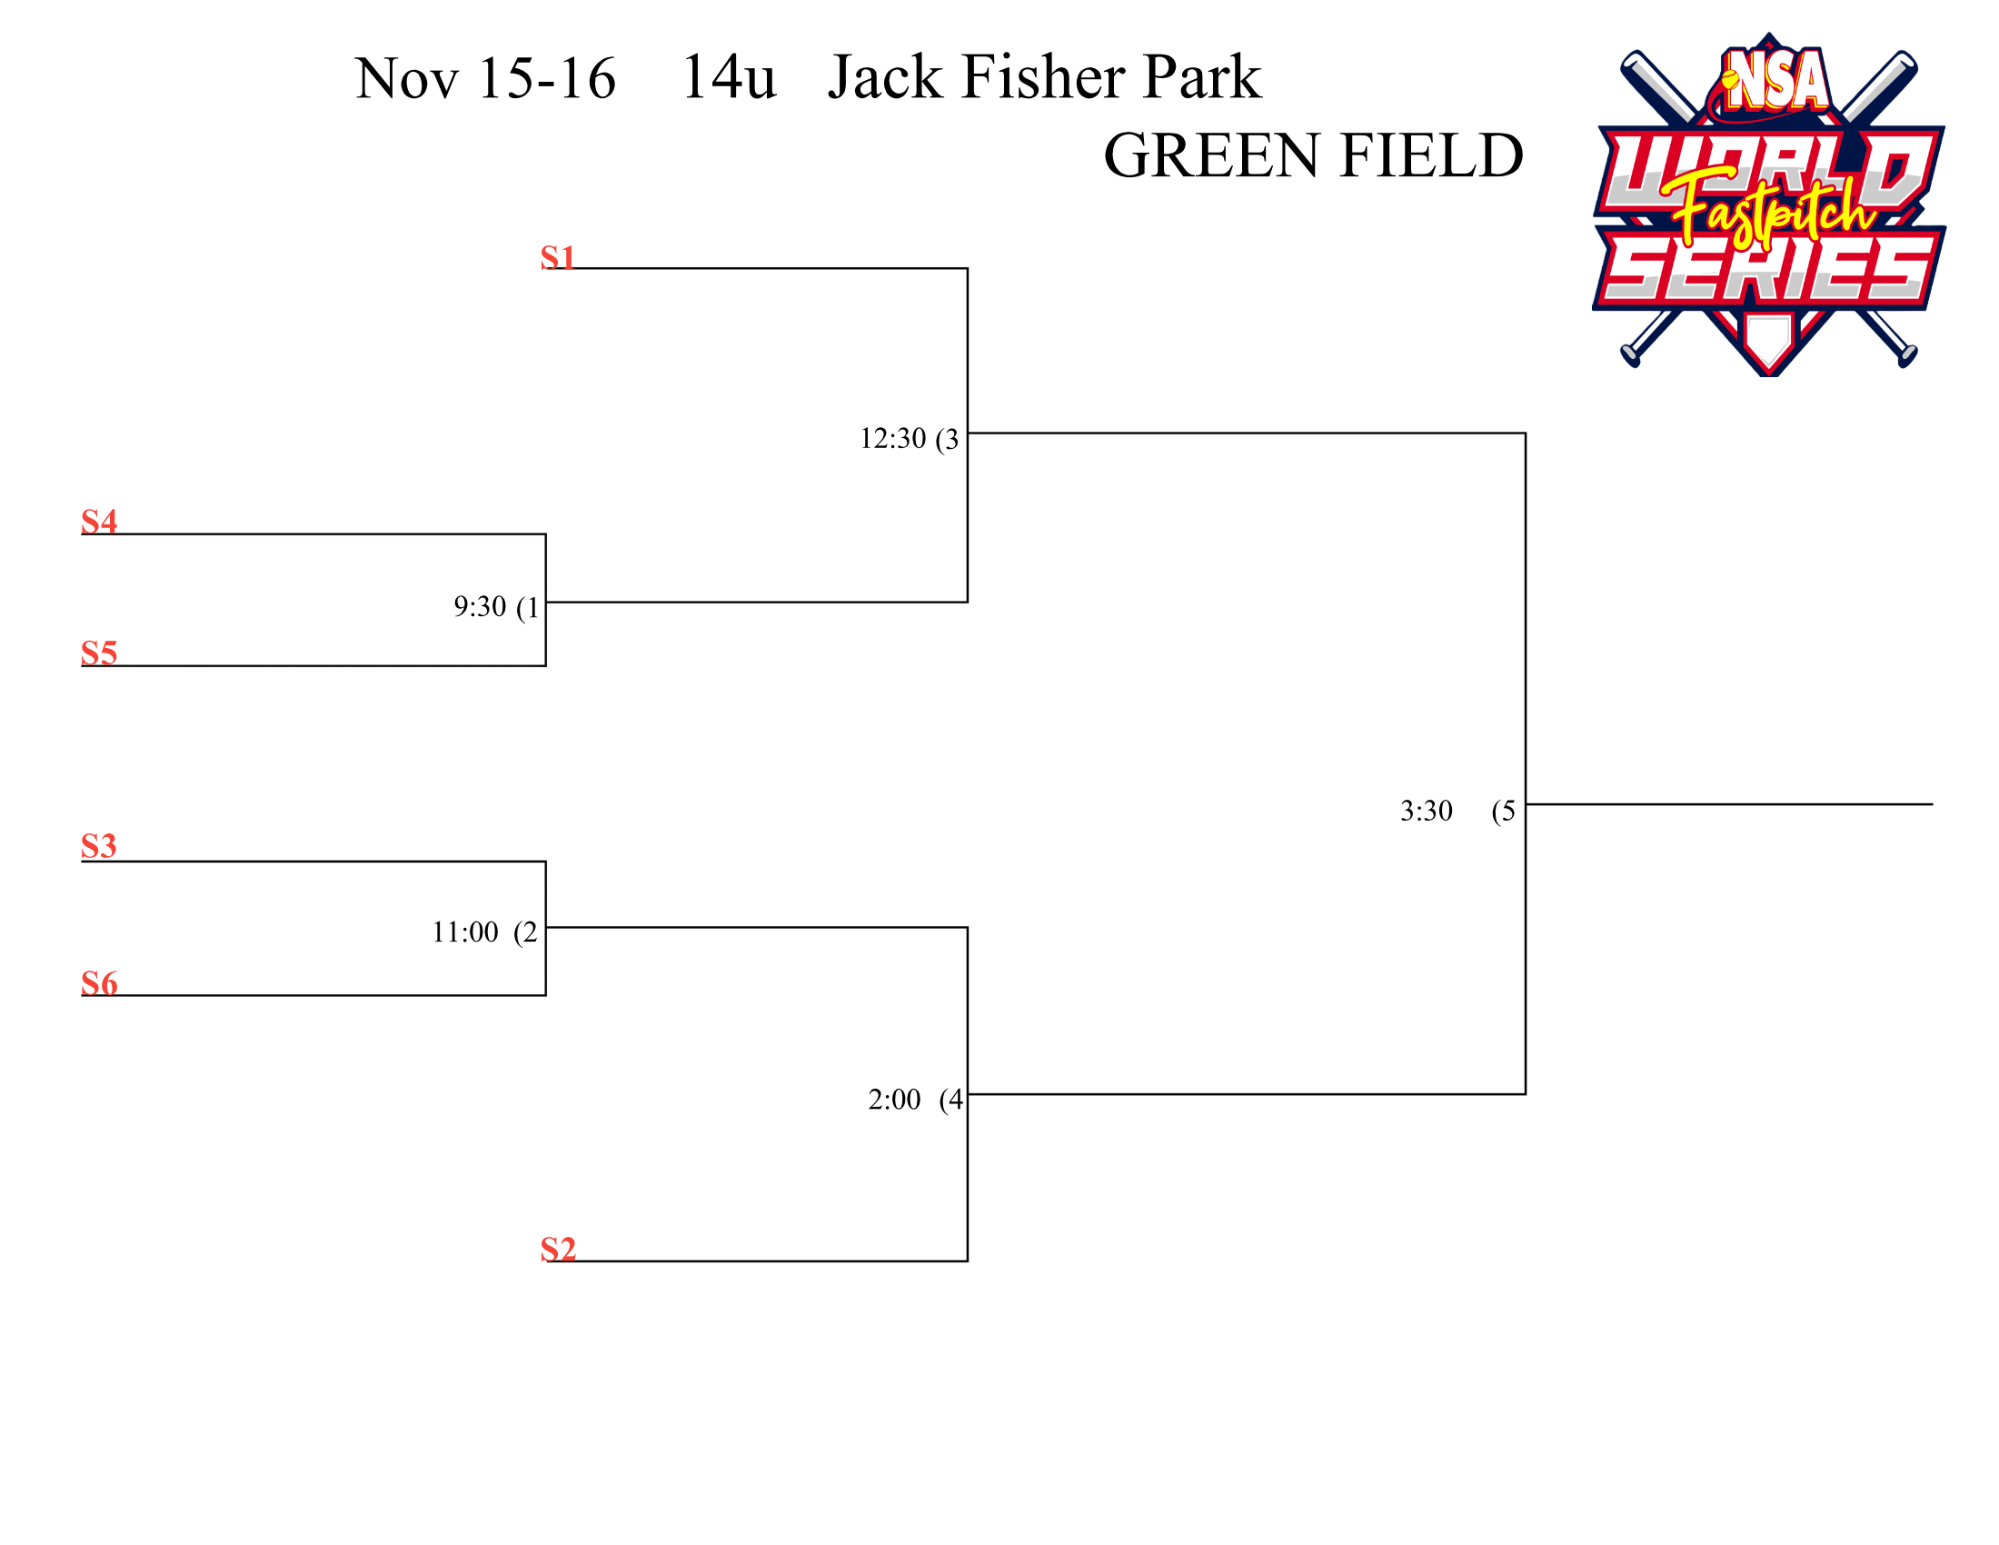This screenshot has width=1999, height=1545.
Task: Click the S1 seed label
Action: (x=557, y=257)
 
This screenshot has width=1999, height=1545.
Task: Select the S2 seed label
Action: (x=558, y=1249)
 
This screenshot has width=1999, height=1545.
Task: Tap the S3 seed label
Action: (x=99, y=846)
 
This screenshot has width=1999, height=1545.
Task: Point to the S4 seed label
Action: (x=99, y=521)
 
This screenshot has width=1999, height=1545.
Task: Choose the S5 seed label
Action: (x=99, y=653)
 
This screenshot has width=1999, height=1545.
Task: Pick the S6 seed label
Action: (x=99, y=983)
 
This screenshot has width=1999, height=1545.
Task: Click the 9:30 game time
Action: (x=480, y=606)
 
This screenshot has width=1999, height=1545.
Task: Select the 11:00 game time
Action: (x=465, y=932)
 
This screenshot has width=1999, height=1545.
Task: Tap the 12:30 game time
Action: (x=892, y=438)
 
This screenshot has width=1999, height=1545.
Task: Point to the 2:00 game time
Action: (x=894, y=1100)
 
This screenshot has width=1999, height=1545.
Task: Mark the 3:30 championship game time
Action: (x=1426, y=811)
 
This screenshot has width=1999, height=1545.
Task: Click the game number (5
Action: (x=1504, y=811)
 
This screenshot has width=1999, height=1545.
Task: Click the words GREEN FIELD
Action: (x=1314, y=155)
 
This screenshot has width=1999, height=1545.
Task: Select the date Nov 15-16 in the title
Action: (x=485, y=78)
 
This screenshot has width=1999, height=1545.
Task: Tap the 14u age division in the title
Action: (x=729, y=78)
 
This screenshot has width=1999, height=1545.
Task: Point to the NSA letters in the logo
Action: (x=1776, y=81)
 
